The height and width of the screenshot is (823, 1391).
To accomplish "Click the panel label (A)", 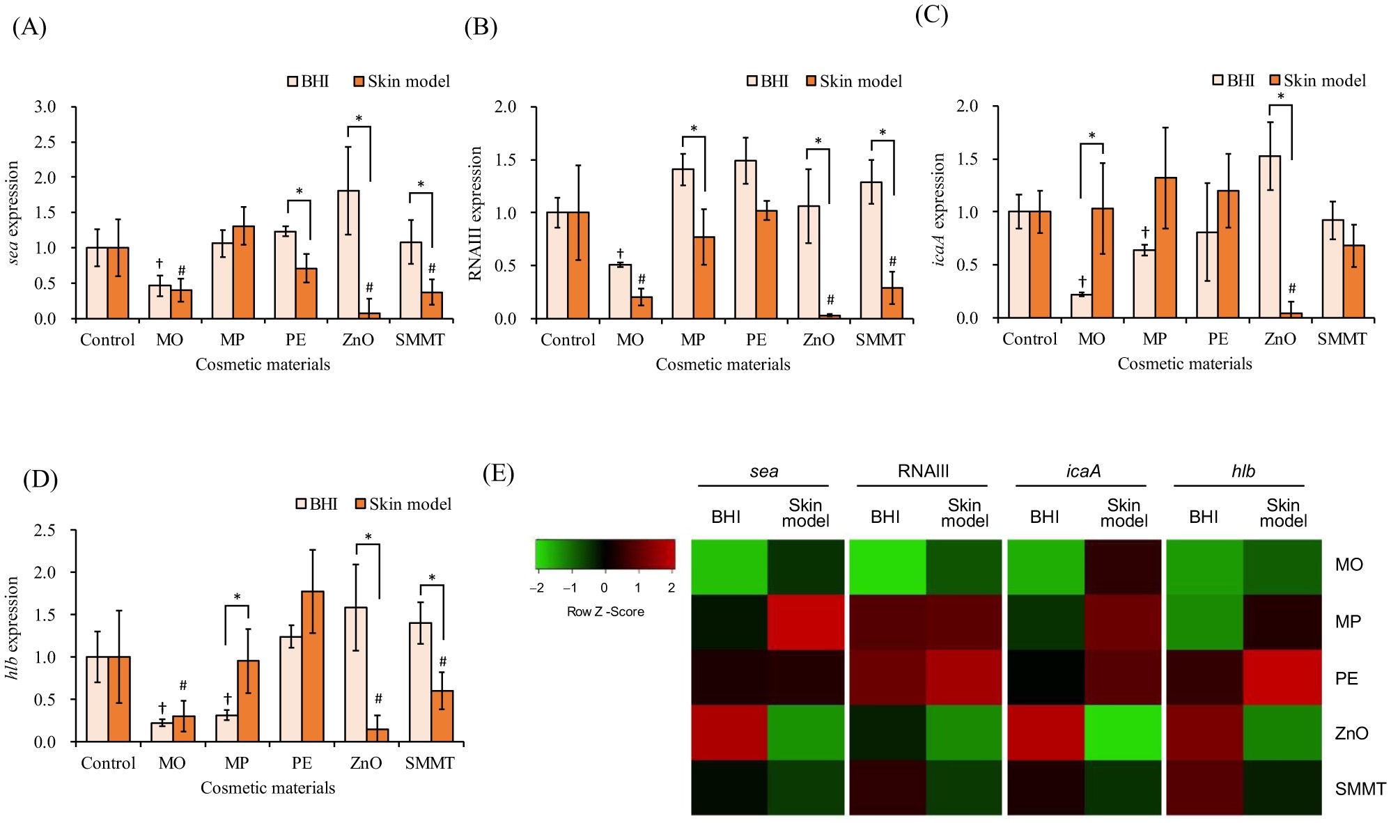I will [29, 27].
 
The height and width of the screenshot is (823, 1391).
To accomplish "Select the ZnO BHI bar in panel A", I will [348, 254].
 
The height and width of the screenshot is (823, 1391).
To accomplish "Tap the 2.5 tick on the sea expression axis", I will [45, 142].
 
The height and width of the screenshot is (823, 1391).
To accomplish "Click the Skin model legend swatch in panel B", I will [811, 81].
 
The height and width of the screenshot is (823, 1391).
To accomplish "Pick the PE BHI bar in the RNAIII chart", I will [745, 240].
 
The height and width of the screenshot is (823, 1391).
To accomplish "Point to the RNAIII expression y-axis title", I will [476, 214].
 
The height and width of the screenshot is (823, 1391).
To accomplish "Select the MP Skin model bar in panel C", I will [1165, 248].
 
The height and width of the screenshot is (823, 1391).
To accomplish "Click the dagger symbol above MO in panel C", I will [1082, 281].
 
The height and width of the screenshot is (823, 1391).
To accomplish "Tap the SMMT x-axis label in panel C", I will [1342, 339].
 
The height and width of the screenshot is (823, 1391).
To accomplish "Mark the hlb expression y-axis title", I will [13, 628].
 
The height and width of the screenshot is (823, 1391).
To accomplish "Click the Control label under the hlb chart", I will [108, 763].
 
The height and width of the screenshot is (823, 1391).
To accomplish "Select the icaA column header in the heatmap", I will [1083, 471].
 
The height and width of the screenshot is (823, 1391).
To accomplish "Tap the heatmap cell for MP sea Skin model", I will [806, 622].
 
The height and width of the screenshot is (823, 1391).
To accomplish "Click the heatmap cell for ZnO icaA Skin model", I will [1124, 732].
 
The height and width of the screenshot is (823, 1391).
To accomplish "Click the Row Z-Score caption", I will [605, 612].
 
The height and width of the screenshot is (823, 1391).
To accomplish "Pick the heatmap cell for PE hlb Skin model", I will [1282, 677].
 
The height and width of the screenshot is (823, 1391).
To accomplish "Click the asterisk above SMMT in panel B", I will [883, 133].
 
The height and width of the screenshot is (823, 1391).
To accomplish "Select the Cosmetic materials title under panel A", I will [263, 365].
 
